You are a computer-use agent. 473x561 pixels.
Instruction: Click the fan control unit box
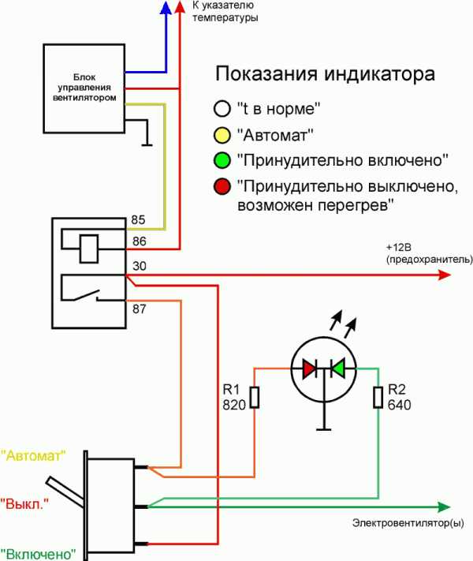[x=84, y=88]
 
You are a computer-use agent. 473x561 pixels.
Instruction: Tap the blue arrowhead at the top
[x=166, y=8]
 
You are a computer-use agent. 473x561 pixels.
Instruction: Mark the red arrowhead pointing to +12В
[x=444, y=275]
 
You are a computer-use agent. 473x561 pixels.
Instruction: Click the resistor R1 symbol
[x=254, y=398]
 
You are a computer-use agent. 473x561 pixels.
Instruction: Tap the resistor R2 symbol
[x=378, y=398]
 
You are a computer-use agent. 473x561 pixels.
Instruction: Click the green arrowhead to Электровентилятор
[x=443, y=507]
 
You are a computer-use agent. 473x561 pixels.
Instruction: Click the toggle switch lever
[x=66, y=490]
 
